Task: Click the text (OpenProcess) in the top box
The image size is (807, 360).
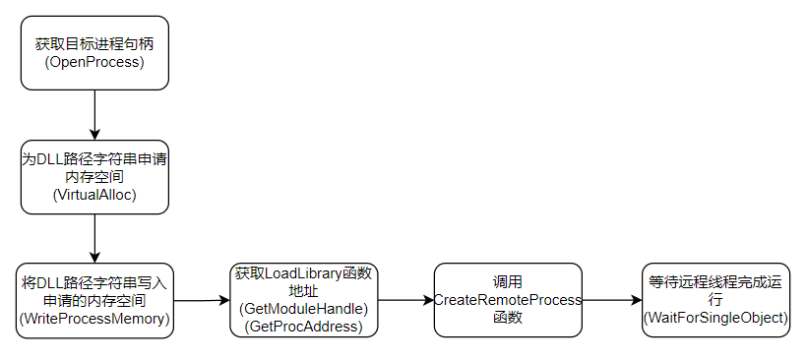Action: pyautogui.click(x=94, y=63)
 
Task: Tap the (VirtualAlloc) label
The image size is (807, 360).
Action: pyautogui.click(x=94, y=196)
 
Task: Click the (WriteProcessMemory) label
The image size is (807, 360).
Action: pyautogui.click(x=94, y=319)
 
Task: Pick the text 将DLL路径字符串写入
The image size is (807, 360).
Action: pyautogui.click(x=94, y=282)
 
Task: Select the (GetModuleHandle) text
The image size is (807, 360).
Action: pyautogui.click(x=304, y=309)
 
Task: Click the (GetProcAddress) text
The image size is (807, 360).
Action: pyautogui.click(x=304, y=326)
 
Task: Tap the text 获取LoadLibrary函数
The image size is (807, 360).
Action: pyautogui.click(x=304, y=273)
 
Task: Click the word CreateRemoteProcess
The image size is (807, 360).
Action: pyautogui.click(x=509, y=300)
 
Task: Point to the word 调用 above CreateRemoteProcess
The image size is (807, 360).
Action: pyautogui.click(x=509, y=282)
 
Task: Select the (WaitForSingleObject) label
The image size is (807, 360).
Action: pyautogui.click(x=715, y=319)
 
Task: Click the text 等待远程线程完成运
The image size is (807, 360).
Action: pyautogui.click(x=715, y=282)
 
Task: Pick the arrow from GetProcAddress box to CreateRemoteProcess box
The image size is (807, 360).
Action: pyautogui.click(x=406, y=300)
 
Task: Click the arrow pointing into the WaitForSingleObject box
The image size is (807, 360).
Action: pyautogui.click(x=612, y=300)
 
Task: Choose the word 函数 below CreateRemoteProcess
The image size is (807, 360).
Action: pyautogui.click(x=509, y=318)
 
